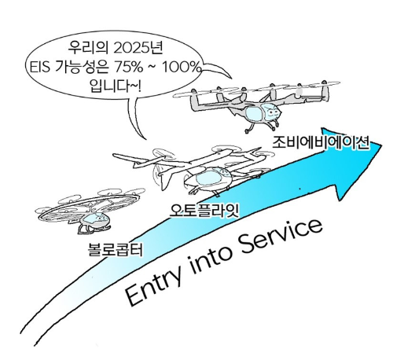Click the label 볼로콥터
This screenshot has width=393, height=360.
tap(116, 250)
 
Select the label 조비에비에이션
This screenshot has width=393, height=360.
tap(321, 142)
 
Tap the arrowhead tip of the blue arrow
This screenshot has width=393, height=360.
tap(381, 144)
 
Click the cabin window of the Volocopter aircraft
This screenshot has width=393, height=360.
tap(92, 218)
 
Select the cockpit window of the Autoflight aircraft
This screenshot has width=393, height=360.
tap(209, 177)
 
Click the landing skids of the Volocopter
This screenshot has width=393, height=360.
tap(94, 230)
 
